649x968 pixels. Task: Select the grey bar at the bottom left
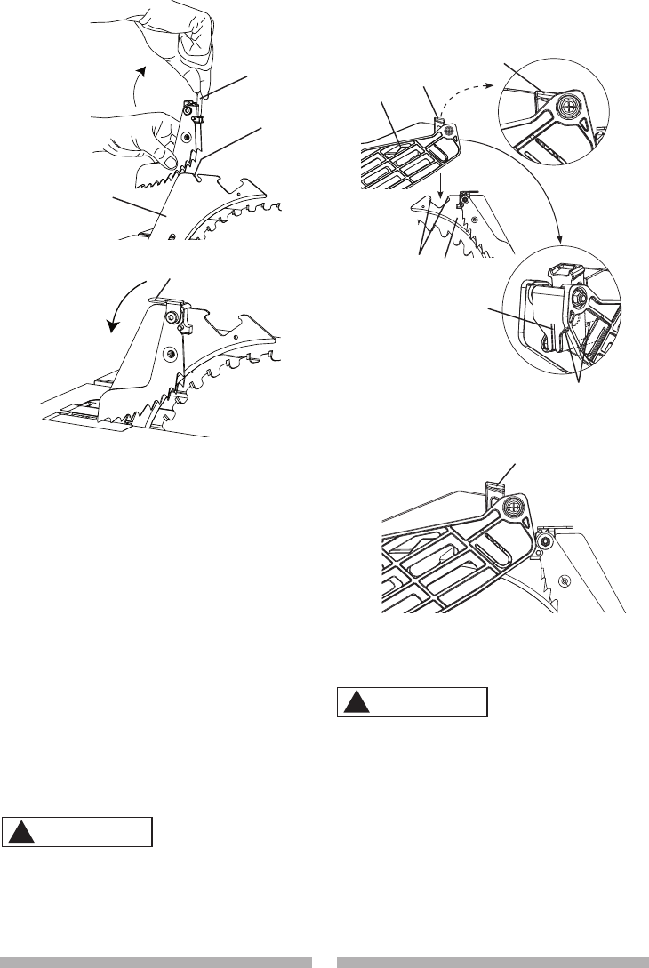(x=156, y=961)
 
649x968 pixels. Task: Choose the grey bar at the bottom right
(x=492, y=961)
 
